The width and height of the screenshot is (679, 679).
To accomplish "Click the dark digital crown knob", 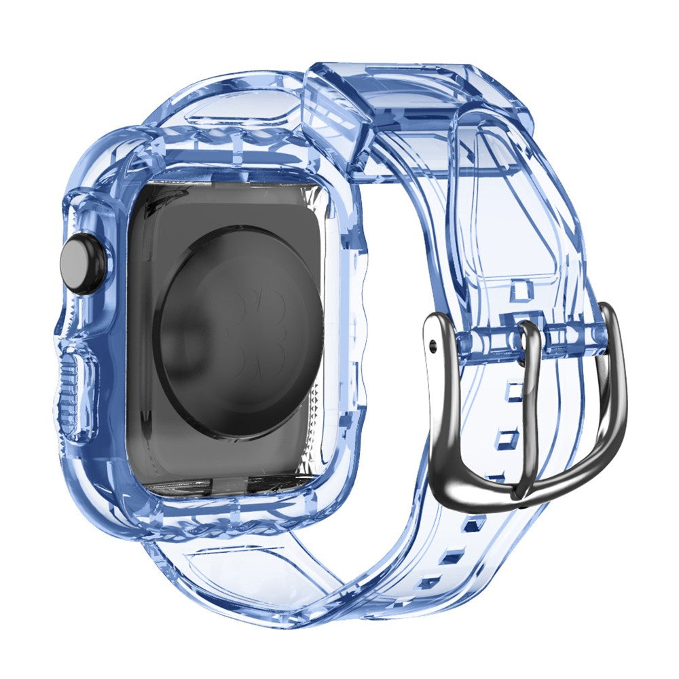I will point(84,263).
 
